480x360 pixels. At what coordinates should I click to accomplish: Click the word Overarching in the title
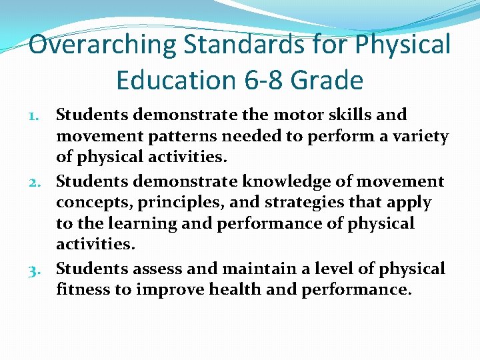103,45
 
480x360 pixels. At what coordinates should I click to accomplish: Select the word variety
421,137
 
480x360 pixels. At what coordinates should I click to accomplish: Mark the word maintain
255,269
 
